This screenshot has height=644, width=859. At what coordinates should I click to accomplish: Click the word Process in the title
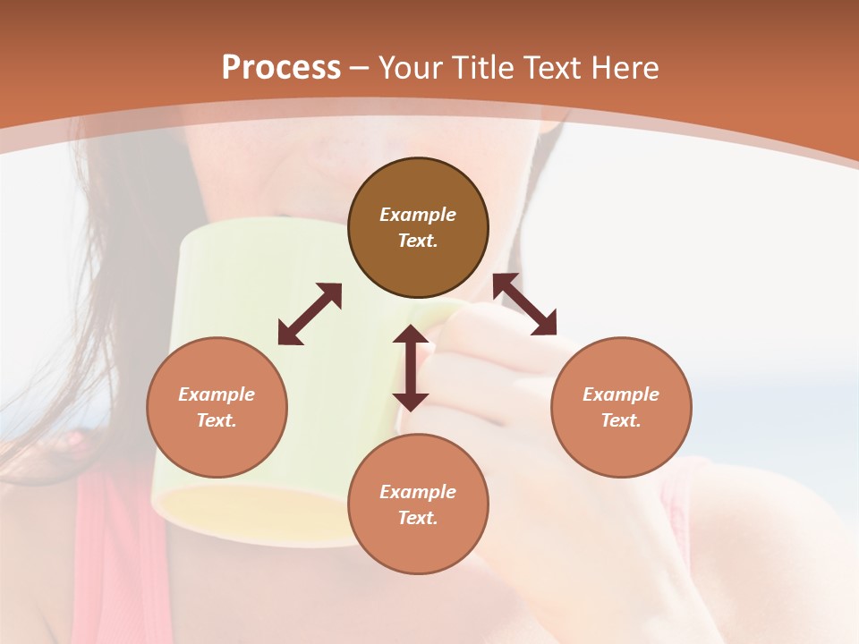281,68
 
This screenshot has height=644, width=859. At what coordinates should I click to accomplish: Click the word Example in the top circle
418,215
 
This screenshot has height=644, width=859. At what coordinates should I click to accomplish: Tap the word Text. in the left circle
217,420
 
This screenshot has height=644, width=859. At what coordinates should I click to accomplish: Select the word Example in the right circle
621,394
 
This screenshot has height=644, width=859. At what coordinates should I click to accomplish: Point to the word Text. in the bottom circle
418,518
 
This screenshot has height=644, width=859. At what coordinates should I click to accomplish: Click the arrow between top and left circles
310,314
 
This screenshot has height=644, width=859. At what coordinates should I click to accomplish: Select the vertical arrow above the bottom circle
411,368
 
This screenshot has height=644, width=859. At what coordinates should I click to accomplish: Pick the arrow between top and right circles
525,304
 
